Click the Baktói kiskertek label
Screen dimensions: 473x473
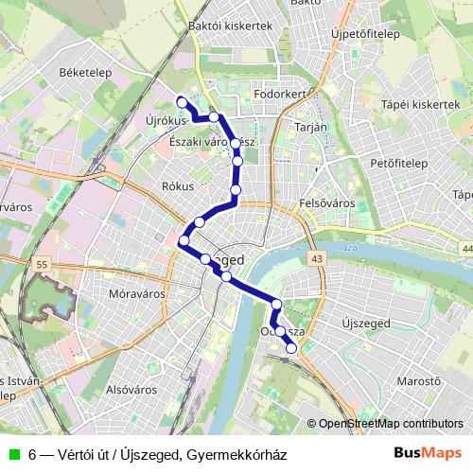(230, 26)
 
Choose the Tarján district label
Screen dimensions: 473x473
(310, 127)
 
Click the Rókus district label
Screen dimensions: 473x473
(178, 186)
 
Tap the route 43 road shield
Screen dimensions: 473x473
(315, 258)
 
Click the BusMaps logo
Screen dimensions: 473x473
(429, 453)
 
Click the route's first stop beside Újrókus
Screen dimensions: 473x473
(182, 102)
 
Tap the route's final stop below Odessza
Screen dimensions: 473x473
(291, 348)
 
